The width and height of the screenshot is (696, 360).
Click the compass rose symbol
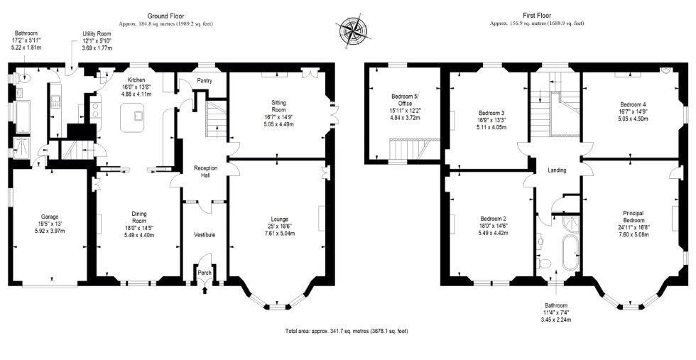click(353, 32)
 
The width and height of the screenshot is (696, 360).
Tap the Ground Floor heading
click(165, 16)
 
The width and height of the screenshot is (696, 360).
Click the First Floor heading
click(537, 16)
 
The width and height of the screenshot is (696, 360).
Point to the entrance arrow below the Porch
click(205, 290)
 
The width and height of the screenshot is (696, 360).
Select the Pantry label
click(205, 81)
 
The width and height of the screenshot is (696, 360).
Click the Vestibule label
click(205, 234)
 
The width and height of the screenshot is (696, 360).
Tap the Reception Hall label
click(205, 172)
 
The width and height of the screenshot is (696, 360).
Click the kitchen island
click(133, 117)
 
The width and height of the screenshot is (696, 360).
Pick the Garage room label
click(49, 217)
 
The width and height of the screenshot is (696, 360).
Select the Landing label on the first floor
click(557, 170)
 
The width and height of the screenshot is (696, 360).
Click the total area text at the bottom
click(347, 331)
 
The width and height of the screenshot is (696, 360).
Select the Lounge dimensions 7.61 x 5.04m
click(280, 234)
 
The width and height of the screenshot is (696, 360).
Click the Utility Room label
click(97, 34)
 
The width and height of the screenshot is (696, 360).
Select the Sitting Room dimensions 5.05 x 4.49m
click(278, 124)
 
